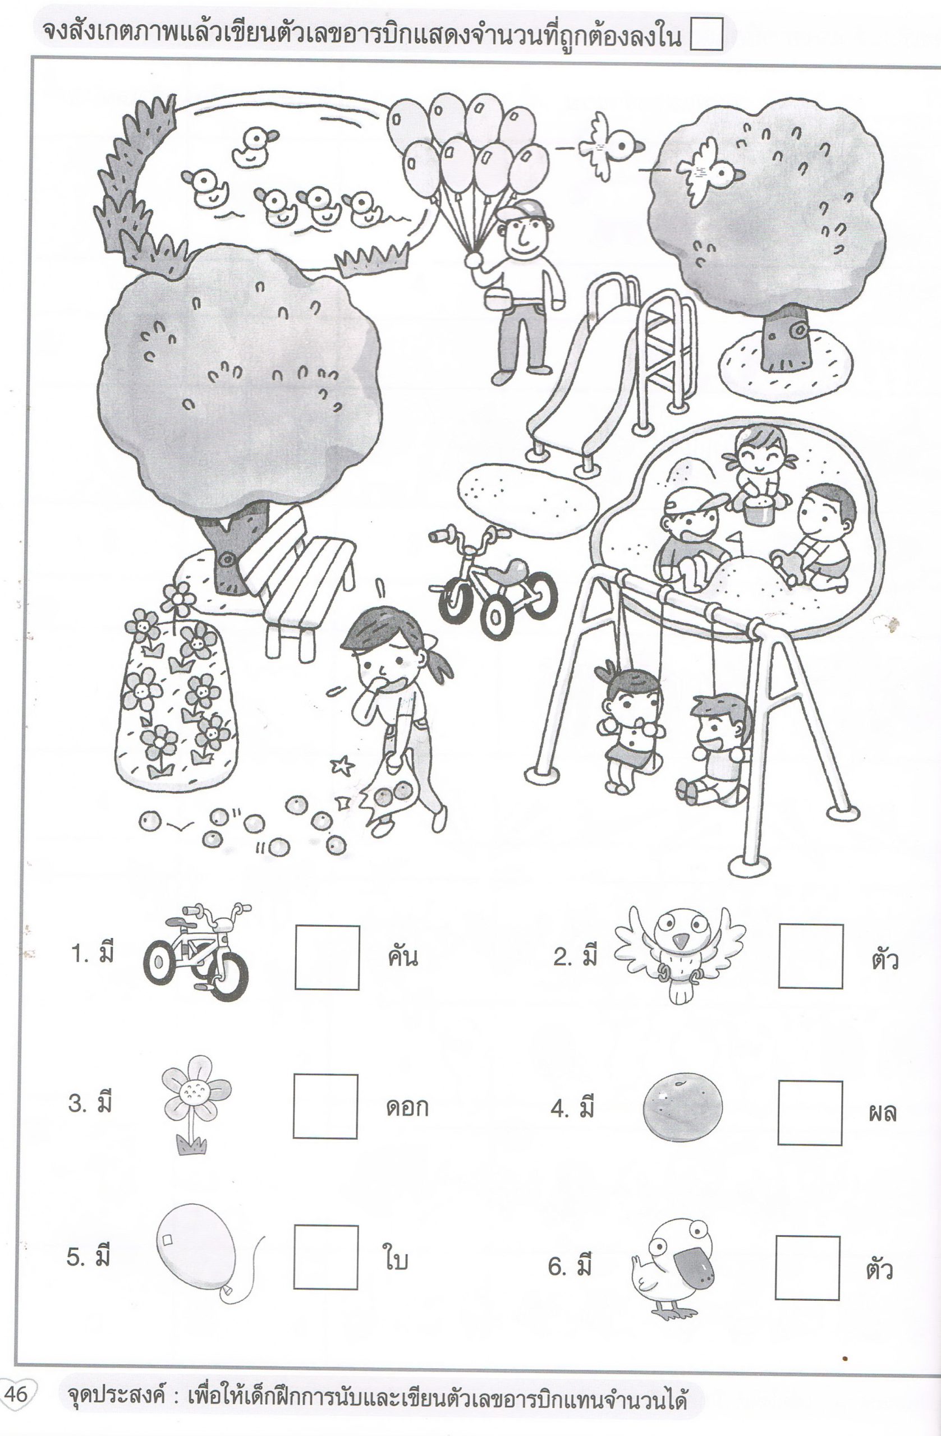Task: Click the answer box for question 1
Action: pyautogui.click(x=327, y=958)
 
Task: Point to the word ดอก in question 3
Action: pyautogui.click(x=407, y=1108)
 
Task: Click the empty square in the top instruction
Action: pyautogui.click(x=705, y=34)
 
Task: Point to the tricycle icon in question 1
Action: pyautogui.click(x=196, y=951)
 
